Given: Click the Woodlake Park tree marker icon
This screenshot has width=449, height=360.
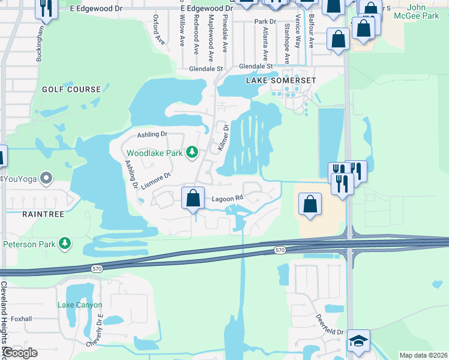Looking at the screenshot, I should click(x=192, y=152).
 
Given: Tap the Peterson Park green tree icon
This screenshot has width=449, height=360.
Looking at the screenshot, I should click(x=64, y=244).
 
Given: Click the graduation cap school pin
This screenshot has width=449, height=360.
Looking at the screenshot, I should click(x=359, y=340).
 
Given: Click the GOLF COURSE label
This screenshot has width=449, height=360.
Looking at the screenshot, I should click(x=71, y=89).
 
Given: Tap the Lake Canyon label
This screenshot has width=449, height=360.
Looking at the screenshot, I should click(x=76, y=305).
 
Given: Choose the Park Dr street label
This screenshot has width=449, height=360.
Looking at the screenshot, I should click(x=265, y=22).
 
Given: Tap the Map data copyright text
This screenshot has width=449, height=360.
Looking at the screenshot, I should click(x=423, y=355).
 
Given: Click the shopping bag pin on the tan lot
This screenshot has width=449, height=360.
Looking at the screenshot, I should click(x=310, y=204).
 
